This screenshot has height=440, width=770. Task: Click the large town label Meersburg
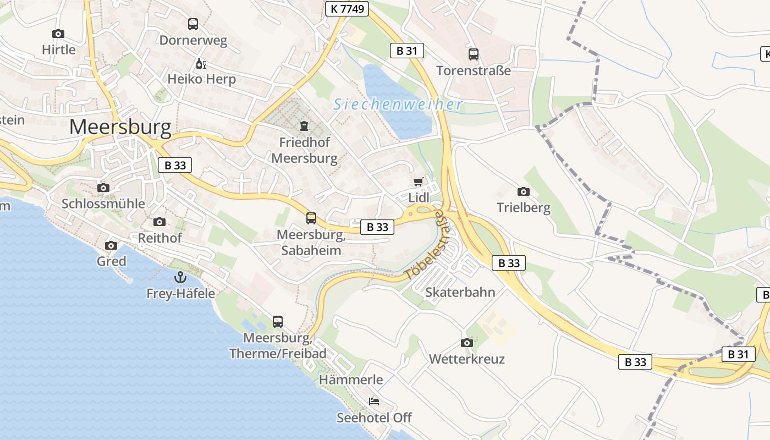coord(120,127)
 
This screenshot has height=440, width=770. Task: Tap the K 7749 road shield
coord(346,9)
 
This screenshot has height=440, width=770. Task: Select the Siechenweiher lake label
coord(398,104)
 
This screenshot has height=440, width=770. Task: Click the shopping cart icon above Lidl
coord(419,182)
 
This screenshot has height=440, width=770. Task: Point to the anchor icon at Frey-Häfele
coord(180,277)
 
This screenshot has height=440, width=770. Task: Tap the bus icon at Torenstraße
coord(474,54)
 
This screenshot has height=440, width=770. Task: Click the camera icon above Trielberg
coord(524,191)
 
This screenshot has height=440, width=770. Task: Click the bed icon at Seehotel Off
coord(374,401)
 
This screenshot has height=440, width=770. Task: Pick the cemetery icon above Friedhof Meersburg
coord(304,126)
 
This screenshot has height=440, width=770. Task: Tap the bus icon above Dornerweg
coord(193,24)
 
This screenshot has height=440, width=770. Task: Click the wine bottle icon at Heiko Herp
coord(201,64)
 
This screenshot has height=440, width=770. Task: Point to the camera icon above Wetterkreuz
coord(467,343)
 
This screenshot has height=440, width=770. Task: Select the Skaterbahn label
coord(460,292)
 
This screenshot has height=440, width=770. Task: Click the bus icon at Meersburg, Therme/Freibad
coord(278,321)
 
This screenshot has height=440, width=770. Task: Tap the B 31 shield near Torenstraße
coord(407,51)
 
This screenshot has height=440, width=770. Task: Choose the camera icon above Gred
coord(111,245)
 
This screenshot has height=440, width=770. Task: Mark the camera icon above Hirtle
coord(58,34)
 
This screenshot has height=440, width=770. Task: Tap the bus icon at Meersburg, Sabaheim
coord(311,218)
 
